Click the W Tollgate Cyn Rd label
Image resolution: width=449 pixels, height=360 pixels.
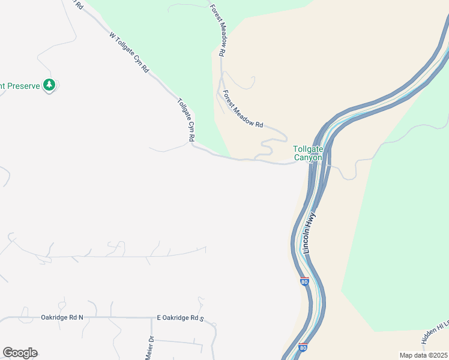tap(129, 52)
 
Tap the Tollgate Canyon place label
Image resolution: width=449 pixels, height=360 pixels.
tap(307, 154)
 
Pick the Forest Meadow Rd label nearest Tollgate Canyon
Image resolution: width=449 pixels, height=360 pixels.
tap(243, 109)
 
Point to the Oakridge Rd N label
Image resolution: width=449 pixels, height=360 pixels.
tap(62, 317)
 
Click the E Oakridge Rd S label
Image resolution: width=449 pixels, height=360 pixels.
tap(181, 317)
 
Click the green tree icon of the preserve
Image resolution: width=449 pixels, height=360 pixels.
tap(49, 85)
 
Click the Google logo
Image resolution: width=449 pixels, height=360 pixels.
tap(20, 353)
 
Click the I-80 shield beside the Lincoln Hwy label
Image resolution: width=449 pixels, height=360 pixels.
tap(304, 281)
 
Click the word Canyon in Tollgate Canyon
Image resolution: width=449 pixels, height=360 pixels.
tap(307, 158)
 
